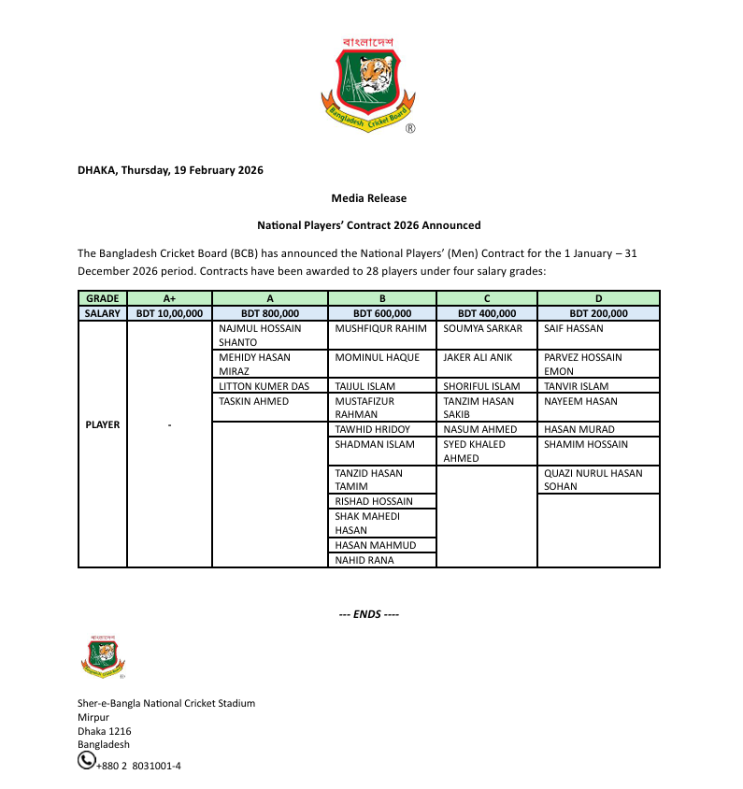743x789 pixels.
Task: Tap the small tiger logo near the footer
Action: (103, 655)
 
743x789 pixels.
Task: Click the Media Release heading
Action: (368, 198)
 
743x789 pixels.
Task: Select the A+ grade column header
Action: (169, 298)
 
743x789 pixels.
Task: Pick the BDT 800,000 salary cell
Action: (270, 313)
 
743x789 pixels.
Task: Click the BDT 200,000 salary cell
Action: (598, 313)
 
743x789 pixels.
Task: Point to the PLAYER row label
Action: (103, 424)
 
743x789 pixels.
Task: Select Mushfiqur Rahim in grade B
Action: (380, 329)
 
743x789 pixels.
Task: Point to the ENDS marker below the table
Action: (368, 614)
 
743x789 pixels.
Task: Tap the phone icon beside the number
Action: (86, 762)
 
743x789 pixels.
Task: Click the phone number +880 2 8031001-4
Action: (138, 766)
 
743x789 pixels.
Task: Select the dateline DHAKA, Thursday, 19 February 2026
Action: (170, 170)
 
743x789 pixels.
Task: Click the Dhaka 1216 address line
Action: (104, 731)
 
